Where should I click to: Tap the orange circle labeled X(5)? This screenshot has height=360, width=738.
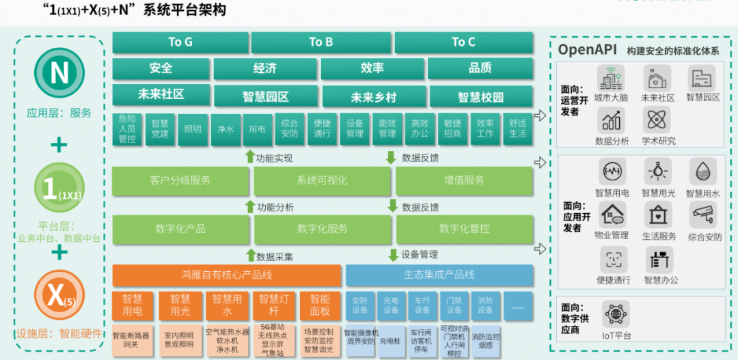(x=59, y=294)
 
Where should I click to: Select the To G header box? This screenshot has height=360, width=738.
(x=180, y=42)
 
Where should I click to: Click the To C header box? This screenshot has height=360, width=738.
(x=463, y=42)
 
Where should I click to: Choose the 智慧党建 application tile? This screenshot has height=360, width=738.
(x=160, y=128)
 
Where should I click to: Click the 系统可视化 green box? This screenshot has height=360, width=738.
(x=322, y=180)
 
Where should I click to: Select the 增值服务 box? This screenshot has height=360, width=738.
(x=464, y=180)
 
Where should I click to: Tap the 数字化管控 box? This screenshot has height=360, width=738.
(x=464, y=228)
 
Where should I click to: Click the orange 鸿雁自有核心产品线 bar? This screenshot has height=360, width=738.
(x=227, y=275)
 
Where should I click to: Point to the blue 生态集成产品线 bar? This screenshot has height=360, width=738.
(x=439, y=275)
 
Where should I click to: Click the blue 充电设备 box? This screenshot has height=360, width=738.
(x=391, y=305)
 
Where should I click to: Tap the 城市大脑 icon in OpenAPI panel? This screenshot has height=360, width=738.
(x=610, y=79)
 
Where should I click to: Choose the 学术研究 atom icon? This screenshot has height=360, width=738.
(x=657, y=120)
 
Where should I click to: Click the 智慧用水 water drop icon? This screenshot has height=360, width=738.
(x=702, y=171)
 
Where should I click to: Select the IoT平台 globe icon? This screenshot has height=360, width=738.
(x=616, y=314)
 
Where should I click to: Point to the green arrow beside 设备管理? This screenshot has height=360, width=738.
(x=393, y=255)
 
